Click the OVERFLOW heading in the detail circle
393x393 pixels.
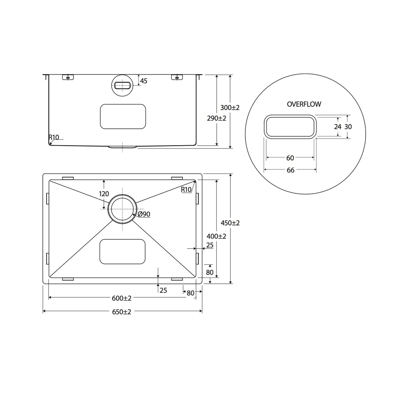click(304, 104)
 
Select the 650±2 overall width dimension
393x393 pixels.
click(122, 312)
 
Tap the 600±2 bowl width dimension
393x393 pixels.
click(122, 298)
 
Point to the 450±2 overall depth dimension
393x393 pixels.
click(230, 223)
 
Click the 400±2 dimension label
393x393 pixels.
click(216, 236)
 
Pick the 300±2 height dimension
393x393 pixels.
click(230, 108)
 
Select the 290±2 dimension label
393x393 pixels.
click(217, 118)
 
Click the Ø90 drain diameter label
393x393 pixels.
click(144, 214)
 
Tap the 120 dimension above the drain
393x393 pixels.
click(104, 194)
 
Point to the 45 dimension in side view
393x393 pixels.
click(144, 81)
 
